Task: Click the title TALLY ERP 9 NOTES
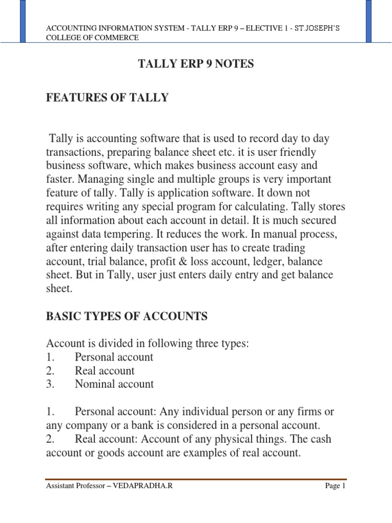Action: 196,64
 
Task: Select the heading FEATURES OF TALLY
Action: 107,98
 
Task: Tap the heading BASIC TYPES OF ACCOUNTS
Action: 127,317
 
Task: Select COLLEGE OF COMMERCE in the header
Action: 92,37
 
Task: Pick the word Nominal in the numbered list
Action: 95,384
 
